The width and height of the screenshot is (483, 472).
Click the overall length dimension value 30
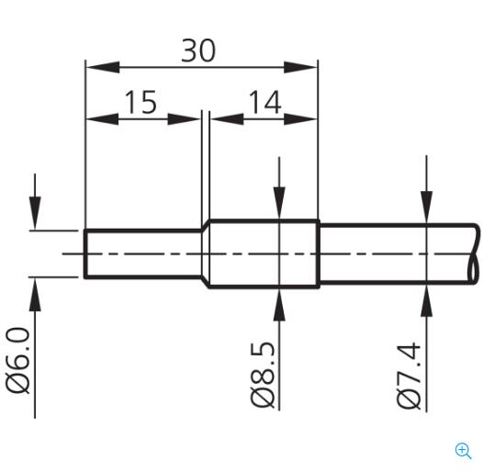coord(197,51)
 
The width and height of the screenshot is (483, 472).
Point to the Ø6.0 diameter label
coord(19,358)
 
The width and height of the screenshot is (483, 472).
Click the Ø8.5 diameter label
coord(264,372)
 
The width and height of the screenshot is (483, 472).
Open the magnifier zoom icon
coord(464,450)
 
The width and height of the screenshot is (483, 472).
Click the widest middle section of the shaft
coord(262,253)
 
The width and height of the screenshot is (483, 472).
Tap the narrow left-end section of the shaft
coord(142,253)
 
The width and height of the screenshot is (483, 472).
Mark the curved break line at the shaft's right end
coord(475,253)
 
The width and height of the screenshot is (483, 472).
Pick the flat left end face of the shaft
coord(85,253)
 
